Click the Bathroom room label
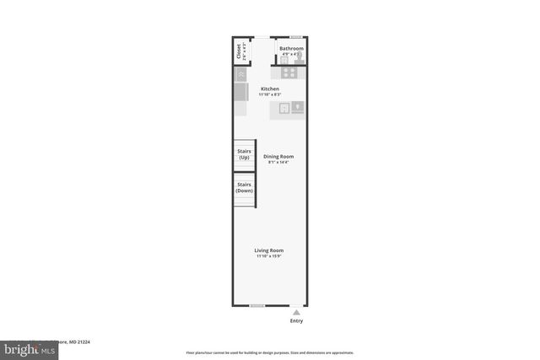pyautogui.click(x=291, y=49)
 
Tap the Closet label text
pyautogui.click(x=240, y=51)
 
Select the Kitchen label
pyautogui.click(x=270, y=89)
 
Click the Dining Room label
pyautogui.click(x=278, y=156)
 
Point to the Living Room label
pyautogui.click(x=270, y=250)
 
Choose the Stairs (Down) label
pyautogui.click(x=245, y=187)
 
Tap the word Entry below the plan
pyautogui.click(x=296, y=321)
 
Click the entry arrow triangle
pyautogui.click(x=296, y=312)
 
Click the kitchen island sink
pyautogui.click(x=285, y=107)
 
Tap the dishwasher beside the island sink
pyautogui.click(x=298, y=107)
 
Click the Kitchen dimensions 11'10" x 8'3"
pyautogui.click(x=270, y=95)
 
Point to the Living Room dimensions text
pyautogui.click(x=270, y=256)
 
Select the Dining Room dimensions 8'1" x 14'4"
pyautogui.click(x=278, y=162)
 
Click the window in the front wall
pyautogui.click(x=257, y=305)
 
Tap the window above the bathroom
pyautogui.click(x=296, y=37)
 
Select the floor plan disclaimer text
pyautogui.click(x=270, y=352)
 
